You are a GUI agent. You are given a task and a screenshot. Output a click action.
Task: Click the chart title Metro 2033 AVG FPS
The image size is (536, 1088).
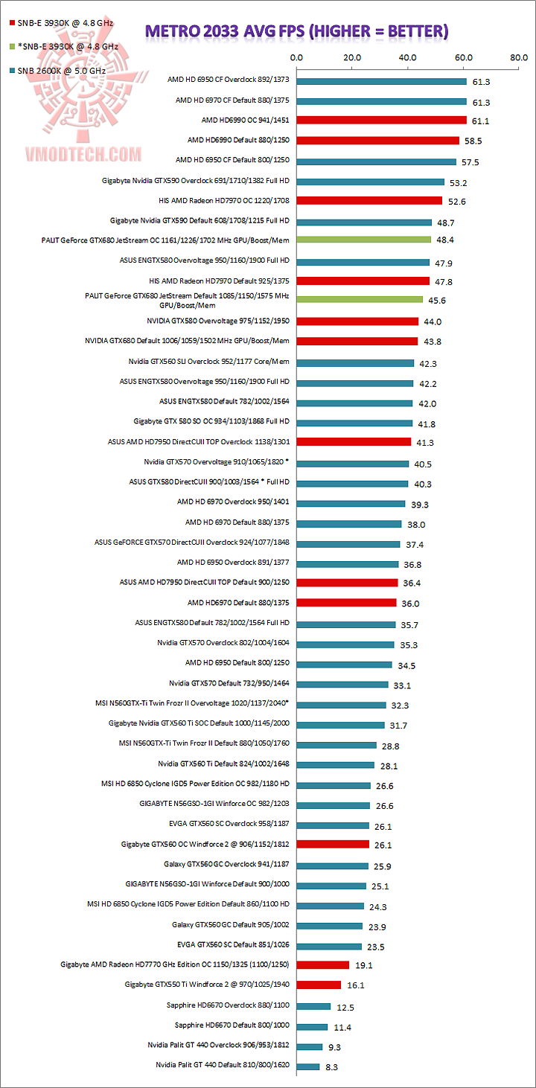pos(296,31)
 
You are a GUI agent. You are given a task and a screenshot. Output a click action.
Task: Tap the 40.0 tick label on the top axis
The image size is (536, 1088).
pos(407,57)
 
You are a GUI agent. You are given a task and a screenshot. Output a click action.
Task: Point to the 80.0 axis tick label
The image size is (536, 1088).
pos(519,57)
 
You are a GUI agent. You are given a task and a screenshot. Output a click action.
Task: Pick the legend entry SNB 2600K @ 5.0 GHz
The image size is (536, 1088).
pos(56,71)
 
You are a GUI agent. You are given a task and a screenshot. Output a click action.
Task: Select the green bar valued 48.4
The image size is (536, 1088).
pos(364,240)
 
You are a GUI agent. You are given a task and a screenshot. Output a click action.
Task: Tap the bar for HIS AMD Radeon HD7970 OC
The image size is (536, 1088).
pos(369,200)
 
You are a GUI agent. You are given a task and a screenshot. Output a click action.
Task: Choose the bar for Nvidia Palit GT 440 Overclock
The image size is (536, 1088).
pos(309,1046)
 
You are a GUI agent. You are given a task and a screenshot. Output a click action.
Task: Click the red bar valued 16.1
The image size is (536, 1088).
pos(319,985)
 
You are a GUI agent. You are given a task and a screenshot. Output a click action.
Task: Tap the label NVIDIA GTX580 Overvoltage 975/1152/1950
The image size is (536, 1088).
pos(218,321)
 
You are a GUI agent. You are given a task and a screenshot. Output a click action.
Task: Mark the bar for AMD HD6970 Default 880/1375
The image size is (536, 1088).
pos(346,602)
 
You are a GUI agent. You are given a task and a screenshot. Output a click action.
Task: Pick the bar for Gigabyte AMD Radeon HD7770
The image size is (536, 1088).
pos(323,964)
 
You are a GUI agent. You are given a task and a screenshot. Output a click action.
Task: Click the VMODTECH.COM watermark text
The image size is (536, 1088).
pos(73,154)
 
